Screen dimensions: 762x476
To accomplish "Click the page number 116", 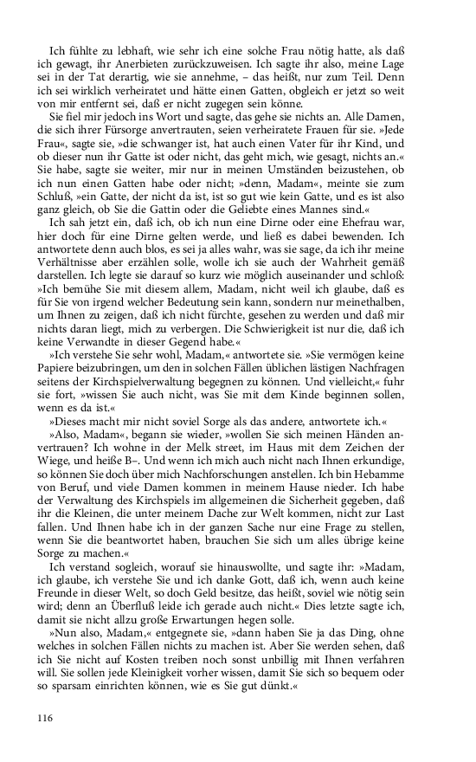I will [x=46, y=716].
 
